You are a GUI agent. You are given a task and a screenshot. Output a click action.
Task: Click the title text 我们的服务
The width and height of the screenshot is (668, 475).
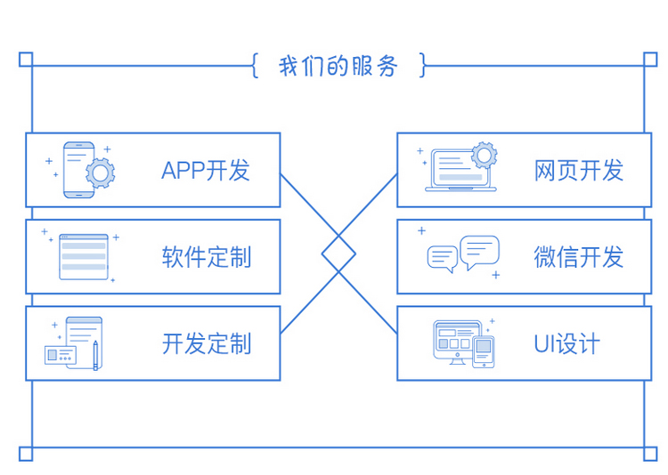[338, 67]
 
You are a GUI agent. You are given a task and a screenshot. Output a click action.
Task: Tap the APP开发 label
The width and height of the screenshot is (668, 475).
[206, 171]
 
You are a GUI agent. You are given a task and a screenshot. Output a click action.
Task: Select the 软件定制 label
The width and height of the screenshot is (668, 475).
[206, 257]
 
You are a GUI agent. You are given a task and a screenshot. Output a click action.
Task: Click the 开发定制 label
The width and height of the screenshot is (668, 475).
[206, 343]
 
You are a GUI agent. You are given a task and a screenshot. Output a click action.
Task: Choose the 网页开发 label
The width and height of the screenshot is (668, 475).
[579, 171]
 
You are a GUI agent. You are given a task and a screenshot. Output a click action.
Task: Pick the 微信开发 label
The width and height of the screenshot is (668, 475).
[579, 257]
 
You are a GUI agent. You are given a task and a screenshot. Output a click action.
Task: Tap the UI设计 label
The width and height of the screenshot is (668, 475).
[566, 343]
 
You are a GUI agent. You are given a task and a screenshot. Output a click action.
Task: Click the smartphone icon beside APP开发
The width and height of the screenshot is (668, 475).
[78, 171]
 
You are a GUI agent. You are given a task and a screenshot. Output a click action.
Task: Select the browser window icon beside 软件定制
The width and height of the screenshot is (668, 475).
[84, 257]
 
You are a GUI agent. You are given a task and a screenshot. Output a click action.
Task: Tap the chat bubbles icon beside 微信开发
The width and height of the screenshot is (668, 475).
[463, 254]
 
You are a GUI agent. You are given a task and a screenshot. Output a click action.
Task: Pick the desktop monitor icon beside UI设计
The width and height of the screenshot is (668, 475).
[457, 342]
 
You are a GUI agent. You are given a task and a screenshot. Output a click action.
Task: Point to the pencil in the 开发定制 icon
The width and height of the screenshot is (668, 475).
[95, 353]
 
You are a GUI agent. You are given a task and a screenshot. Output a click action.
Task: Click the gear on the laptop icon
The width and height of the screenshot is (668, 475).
[484, 155]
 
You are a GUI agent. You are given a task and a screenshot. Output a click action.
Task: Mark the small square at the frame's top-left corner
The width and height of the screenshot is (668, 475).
[26, 60]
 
